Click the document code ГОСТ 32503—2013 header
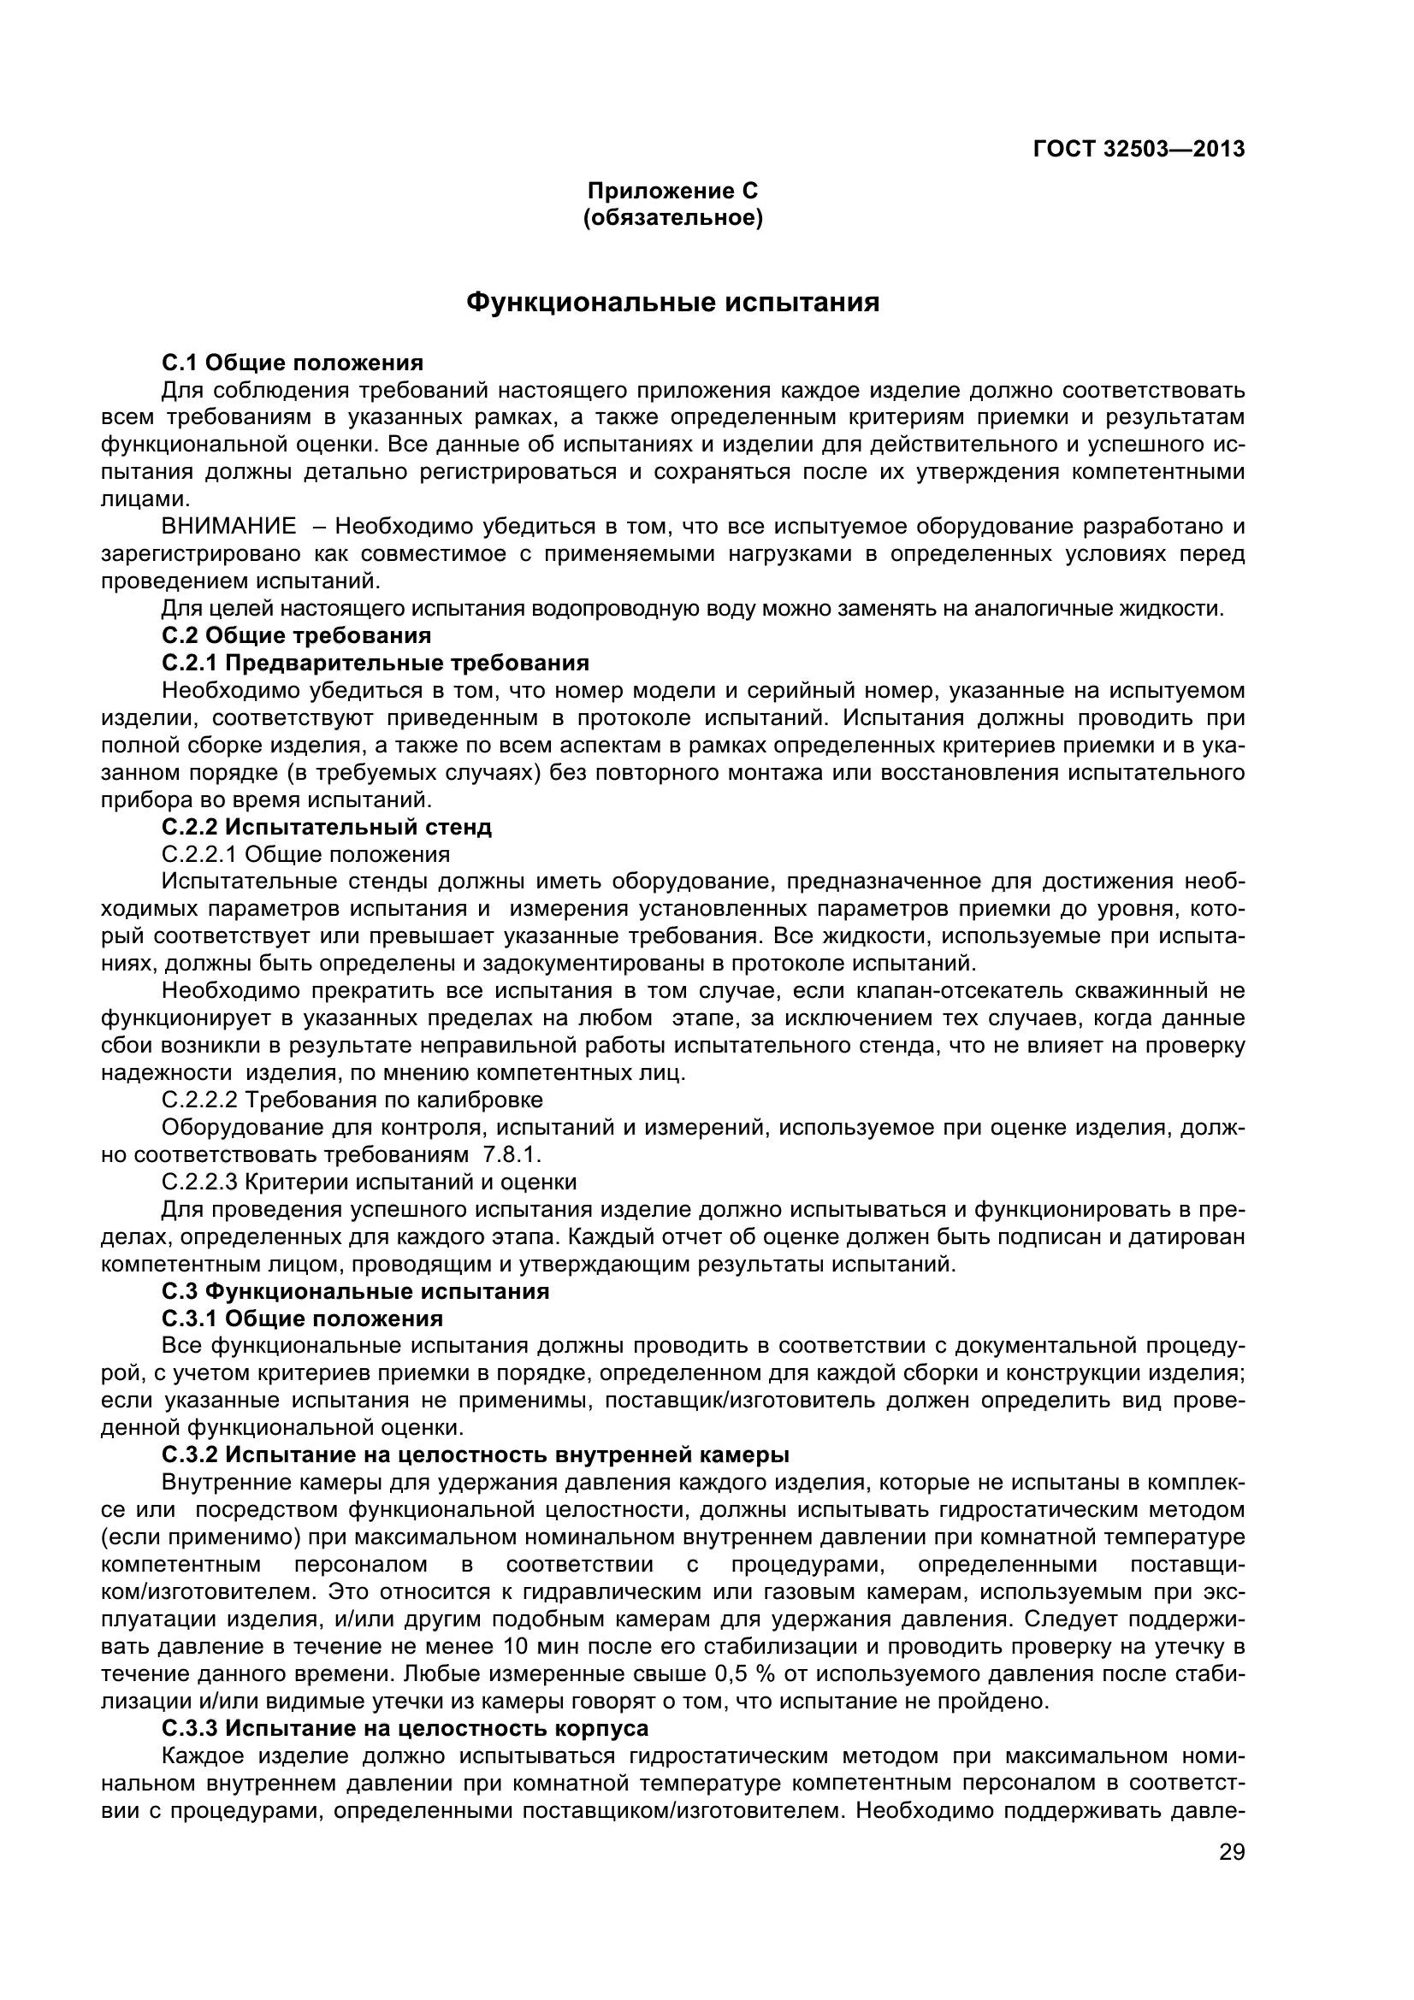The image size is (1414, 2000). click(1139, 150)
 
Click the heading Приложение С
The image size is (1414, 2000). click(672, 191)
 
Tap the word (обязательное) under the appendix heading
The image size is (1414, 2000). click(672, 218)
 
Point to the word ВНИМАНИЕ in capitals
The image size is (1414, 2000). click(229, 526)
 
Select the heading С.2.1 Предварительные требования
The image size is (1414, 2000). click(376, 663)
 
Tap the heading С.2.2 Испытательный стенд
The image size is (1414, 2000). click(327, 827)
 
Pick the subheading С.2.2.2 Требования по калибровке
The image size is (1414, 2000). click(352, 1100)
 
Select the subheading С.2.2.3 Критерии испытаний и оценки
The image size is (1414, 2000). click(370, 1182)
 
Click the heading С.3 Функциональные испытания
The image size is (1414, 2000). click(356, 1291)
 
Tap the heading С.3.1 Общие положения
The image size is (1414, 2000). click(302, 1318)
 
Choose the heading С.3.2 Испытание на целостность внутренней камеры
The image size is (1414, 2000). click(476, 1454)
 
